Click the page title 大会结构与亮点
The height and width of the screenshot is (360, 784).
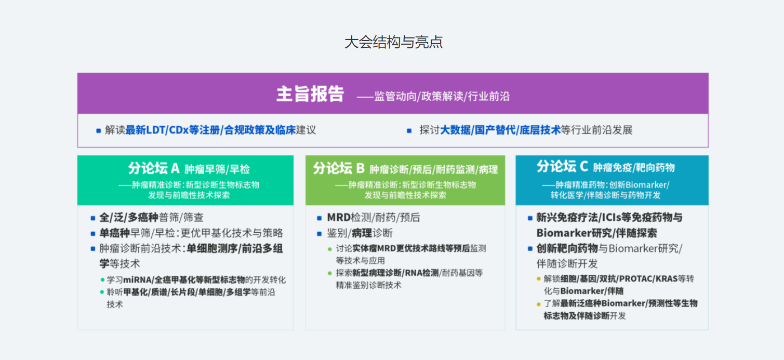pyautogui.click(x=393, y=42)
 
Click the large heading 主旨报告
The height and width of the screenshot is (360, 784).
pyautogui.click(x=310, y=94)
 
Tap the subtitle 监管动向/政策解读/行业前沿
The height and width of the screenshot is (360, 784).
pyautogui.click(x=442, y=96)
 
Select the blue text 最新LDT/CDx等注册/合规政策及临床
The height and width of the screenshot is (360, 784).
pyautogui.click(x=211, y=130)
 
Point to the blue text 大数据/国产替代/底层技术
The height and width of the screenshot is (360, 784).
pyautogui.click(x=500, y=130)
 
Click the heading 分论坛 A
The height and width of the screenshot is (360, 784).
pyautogui.click(x=154, y=168)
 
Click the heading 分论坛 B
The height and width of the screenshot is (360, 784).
pyautogui.click(x=339, y=168)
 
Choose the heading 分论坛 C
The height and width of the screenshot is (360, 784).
pyautogui.click(x=563, y=167)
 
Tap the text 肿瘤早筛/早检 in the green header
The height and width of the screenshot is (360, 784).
pyautogui.click(x=217, y=169)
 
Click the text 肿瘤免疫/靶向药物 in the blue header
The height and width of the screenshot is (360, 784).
pyautogui.click(x=634, y=168)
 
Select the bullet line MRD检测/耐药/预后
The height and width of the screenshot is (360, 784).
pyautogui.click(x=374, y=218)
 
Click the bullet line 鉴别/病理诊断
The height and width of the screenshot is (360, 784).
pyautogui.click(x=360, y=233)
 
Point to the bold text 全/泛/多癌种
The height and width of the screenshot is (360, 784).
pyautogui.click(x=129, y=218)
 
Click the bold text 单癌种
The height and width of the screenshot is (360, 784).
pyautogui.click(x=114, y=233)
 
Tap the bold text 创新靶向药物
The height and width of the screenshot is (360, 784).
pyautogui.click(x=567, y=248)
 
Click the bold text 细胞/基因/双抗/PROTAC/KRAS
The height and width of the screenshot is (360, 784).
pyautogui.click(x=619, y=279)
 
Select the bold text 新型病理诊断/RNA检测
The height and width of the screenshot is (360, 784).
pyautogui.click(x=395, y=273)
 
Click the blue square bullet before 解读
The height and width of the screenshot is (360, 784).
pyautogui.click(x=98, y=131)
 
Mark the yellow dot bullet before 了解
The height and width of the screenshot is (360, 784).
pyautogui.click(x=539, y=304)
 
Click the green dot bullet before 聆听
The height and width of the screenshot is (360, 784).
pyautogui.click(x=102, y=292)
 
